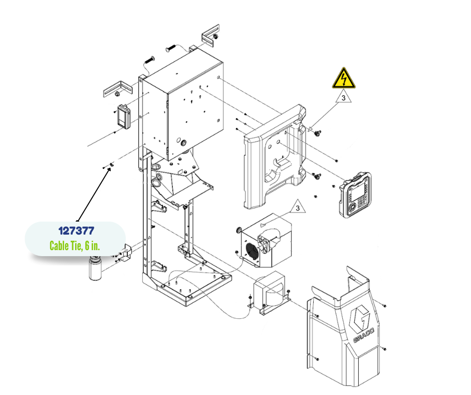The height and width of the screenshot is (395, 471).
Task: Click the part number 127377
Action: click(x=76, y=232)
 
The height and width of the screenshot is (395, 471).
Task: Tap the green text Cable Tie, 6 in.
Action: click(x=75, y=246)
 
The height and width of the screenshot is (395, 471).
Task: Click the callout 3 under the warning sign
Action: click(x=344, y=98)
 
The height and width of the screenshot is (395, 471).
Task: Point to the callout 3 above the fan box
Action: click(x=298, y=207)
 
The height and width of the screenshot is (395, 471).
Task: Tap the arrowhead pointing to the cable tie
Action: click(x=109, y=168)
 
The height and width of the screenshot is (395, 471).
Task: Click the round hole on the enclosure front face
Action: click(x=182, y=142)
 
